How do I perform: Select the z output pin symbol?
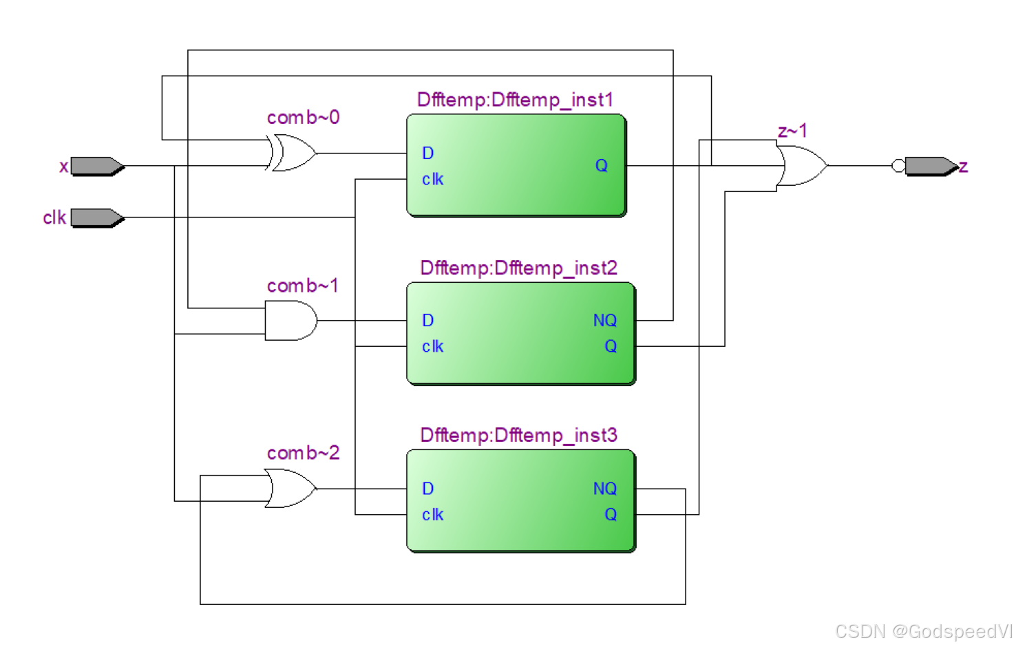931,167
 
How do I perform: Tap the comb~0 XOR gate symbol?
293,153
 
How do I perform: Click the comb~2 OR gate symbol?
290,489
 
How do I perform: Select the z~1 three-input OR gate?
801,166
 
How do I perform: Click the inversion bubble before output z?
898,166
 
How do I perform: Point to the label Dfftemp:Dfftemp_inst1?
515,100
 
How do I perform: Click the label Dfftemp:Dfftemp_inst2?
518,268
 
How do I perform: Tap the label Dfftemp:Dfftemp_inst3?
518,435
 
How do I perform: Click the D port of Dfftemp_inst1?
427,153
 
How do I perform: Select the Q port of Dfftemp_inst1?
601,166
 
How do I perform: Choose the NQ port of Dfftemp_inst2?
604,321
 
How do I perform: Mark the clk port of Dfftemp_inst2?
432,347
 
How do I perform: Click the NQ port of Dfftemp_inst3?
604,489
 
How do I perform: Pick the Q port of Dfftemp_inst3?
610,515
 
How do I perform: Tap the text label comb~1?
303,286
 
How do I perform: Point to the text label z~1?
792,131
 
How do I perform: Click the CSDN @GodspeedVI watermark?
922,631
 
